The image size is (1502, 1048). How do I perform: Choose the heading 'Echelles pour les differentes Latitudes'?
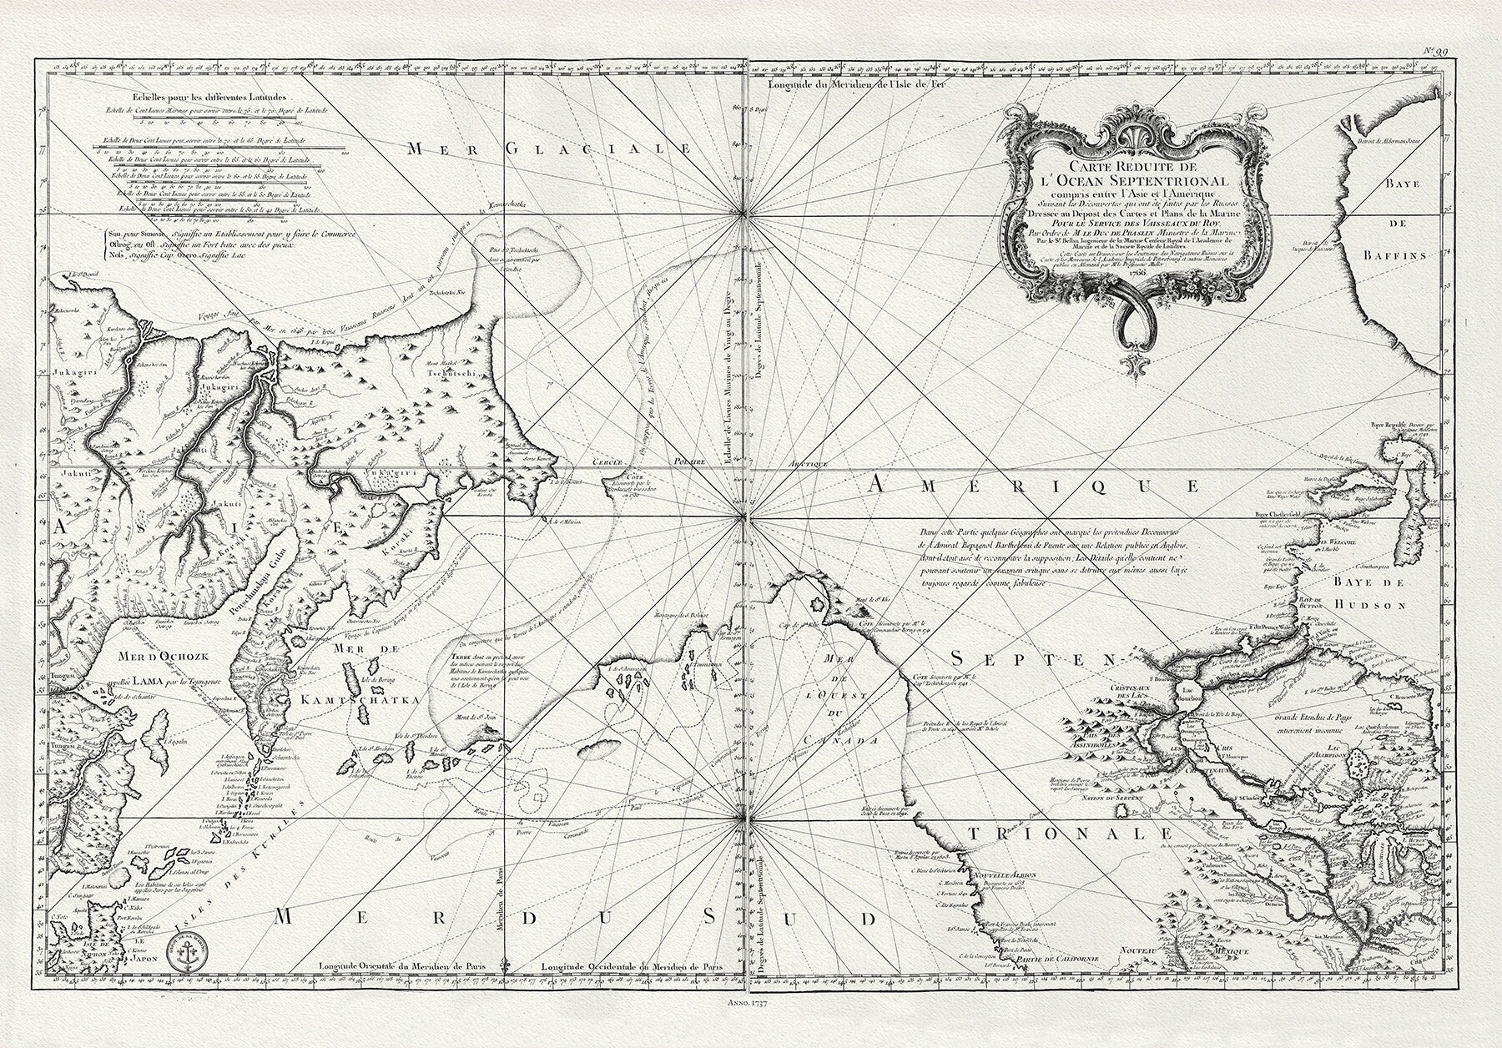pos(181,98)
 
